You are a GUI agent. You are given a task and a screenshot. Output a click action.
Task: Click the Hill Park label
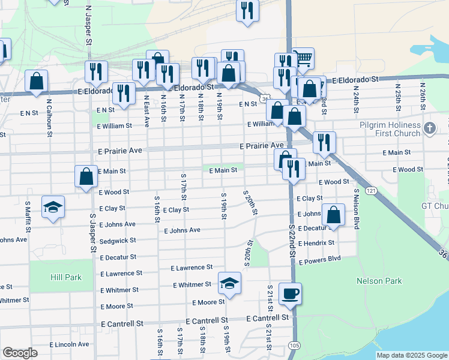point(67,277)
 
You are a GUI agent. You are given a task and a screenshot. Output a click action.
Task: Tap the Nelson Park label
point(378,281)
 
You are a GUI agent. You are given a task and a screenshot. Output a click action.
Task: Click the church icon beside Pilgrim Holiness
point(429,128)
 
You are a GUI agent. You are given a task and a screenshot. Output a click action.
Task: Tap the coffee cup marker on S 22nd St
point(290,294)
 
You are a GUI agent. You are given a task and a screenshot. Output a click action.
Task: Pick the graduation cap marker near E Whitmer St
point(229,283)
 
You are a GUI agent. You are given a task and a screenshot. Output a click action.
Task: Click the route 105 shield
point(294,345)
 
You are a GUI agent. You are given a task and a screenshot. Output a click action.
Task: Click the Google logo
point(20,353)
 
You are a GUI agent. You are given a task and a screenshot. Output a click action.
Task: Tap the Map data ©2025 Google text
point(411,355)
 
